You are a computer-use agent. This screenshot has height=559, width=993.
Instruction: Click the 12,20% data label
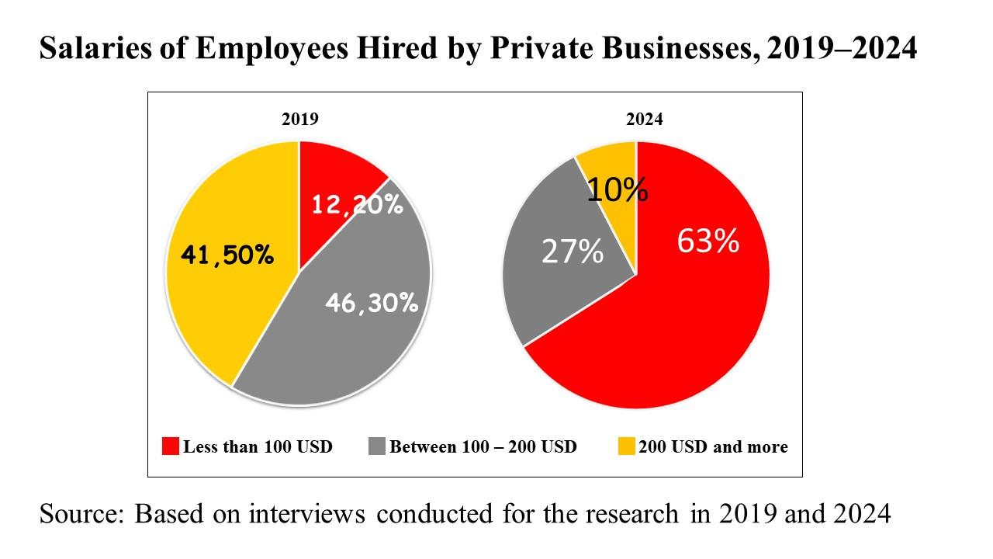coord(357,205)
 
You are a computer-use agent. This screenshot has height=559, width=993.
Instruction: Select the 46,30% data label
coord(372,302)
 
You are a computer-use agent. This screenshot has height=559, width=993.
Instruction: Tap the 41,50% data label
coord(227,255)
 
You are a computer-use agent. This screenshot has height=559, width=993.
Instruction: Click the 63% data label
coord(708,241)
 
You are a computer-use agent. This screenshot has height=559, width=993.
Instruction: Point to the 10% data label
coord(617,189)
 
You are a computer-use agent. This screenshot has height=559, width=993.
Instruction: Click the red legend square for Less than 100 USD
coord(171,446)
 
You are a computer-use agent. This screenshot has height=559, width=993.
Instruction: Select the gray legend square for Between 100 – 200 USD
coord(377,446)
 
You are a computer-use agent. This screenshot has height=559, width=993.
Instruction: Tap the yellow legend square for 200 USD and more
coord(626,446)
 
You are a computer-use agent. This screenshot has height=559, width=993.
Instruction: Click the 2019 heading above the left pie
coord(299,120)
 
